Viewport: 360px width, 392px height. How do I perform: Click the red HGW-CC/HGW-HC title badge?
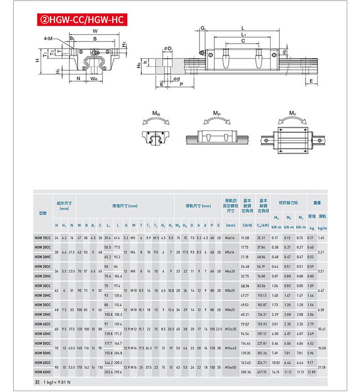tap(79, 20)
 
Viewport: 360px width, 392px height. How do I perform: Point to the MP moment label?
tap(217, 113)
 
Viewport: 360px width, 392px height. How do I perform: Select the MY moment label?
tap(292, 113)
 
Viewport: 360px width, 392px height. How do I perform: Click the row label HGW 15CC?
tap(43, 238)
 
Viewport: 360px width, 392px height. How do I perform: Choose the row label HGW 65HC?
tap(43, 372)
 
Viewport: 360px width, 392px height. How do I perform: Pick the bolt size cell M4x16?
tap(230, 238)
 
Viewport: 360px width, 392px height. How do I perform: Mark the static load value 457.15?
tap(262, 372)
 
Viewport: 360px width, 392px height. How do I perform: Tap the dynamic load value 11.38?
tap(245, 238)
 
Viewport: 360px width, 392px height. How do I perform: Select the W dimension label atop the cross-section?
tap(95, 31)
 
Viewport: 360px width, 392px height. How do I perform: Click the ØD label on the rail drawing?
tap(167, 48)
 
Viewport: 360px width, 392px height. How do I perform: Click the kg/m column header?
tap(322, 227)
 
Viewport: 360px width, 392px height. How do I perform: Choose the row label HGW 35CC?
tap(43, 304)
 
